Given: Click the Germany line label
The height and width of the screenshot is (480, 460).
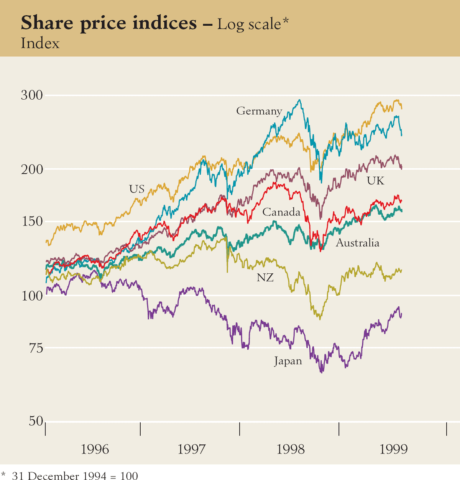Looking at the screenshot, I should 259,111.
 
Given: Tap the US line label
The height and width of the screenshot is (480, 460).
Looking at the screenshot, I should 137,189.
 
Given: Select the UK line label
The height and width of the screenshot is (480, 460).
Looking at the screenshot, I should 375,181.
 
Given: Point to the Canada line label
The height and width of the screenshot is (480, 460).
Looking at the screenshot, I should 281,212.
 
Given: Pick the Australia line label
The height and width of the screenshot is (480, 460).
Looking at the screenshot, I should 358,243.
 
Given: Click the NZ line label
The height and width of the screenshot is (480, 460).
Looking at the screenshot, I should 265,278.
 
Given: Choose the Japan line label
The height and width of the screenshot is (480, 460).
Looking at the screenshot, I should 288,361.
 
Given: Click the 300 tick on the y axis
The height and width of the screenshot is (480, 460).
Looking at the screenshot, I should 32,95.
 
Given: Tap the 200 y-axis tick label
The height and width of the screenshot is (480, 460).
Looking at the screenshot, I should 32,169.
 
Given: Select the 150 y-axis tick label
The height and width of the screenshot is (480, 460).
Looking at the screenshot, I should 32,222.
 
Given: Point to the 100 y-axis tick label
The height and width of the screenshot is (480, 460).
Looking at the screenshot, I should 32,296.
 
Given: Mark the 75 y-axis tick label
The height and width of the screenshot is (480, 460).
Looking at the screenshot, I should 36,348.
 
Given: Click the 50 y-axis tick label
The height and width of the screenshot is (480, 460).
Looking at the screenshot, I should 36,421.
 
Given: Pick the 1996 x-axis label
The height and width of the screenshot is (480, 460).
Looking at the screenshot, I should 95,449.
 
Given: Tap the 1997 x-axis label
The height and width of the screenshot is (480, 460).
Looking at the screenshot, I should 192,449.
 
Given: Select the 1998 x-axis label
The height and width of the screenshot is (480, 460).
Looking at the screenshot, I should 291,449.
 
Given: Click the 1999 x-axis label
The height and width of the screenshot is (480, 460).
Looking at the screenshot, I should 393,449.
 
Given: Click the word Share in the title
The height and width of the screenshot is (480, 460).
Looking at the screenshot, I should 47,23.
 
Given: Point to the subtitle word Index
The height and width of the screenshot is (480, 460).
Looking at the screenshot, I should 40,43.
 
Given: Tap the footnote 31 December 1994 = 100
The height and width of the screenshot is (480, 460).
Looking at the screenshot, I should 75,476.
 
